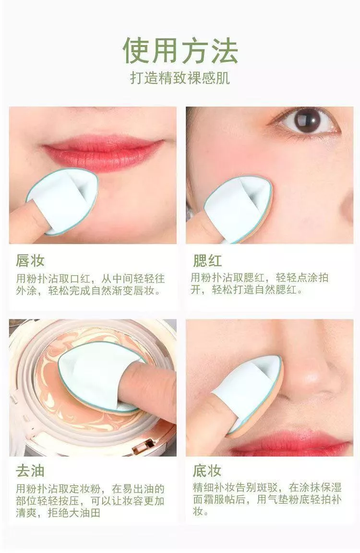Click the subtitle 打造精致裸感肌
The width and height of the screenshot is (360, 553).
tap(180, 78)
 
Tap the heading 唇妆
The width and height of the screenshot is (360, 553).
tap(30, 260)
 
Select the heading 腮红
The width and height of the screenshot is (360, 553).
tap(207, 260)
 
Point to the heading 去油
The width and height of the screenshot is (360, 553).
tap(30, 471)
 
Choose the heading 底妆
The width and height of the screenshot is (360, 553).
tap(207, 471)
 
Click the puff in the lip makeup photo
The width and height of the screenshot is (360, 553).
tap(63, 201)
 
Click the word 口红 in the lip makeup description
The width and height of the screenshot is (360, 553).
tap(81, 279)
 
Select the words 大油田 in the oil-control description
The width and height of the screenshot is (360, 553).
tap(85, 512)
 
